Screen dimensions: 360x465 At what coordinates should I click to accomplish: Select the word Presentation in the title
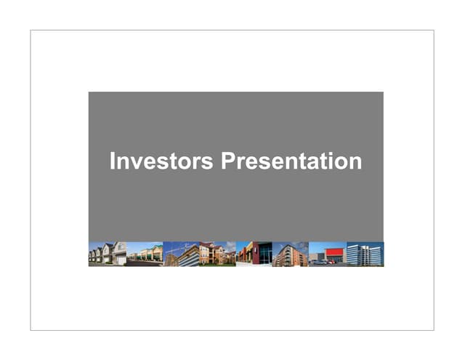click(x=291, y=161)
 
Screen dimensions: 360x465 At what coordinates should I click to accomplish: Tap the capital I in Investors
click(x=112, y=161)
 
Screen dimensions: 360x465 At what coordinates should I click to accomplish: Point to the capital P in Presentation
click(x=227, y=161)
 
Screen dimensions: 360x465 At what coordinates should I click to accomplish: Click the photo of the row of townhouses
click(x=108, y=254)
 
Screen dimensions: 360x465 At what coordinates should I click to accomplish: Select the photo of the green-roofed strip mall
click(x=145, y=254)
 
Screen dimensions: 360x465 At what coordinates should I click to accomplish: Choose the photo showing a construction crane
click(x=181, y=254)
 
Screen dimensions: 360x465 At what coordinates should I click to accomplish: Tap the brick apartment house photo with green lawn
click(x=217, y=254)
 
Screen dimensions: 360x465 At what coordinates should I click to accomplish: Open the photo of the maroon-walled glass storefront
click(x=254, y=254)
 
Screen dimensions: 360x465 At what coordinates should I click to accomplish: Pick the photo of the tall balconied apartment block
click(x=291, y=254)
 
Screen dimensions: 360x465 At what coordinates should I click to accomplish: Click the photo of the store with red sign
click(x=328, y=254)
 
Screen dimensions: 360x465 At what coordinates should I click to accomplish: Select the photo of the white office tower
click(x=365, y=254)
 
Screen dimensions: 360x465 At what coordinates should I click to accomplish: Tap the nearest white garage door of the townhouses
click(x=121, y=259)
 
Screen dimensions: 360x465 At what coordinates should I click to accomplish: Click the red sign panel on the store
click(x=333, y=252)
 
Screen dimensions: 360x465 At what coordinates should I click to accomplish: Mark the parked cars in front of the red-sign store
click(x=324, y=261)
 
